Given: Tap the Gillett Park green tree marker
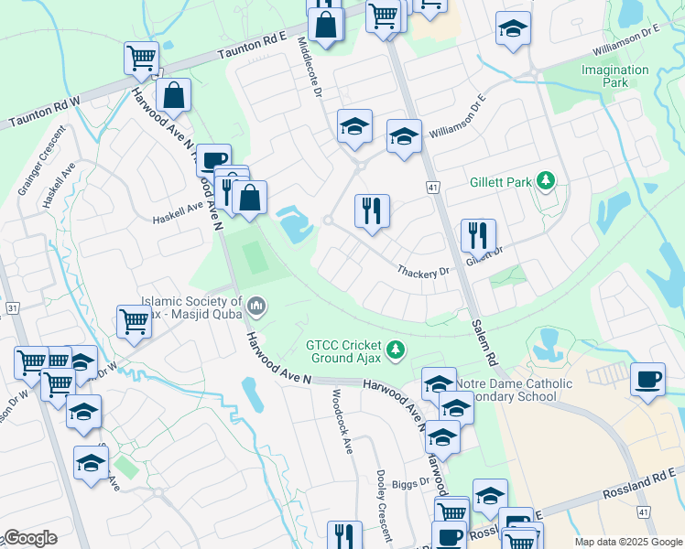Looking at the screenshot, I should (547, 181).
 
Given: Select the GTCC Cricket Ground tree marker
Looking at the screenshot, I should (396, 349).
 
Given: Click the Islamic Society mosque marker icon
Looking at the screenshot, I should (257, 305).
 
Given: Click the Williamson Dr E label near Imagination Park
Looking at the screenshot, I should (626, 36).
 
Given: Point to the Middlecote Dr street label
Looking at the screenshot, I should (310, 75).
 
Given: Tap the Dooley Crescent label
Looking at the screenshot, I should (385, 505).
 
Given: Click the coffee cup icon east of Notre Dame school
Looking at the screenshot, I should (648, 379).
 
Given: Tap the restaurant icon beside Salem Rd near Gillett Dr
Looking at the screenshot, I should (478, 235).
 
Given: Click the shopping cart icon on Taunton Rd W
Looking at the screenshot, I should (141, 58).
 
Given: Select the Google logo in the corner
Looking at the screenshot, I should (30, 538).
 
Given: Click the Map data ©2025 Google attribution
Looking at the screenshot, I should (628, 542).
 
